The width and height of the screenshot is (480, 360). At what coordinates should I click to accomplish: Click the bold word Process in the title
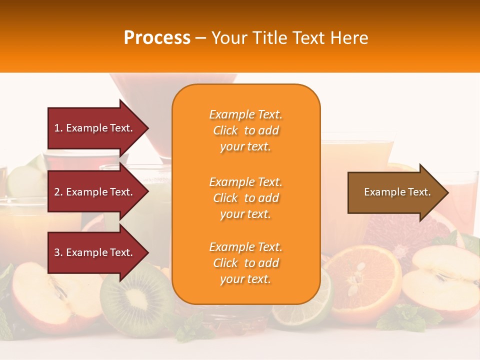[x=157, y=38]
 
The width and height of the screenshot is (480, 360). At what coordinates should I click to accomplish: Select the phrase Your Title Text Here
[x=289, y=38]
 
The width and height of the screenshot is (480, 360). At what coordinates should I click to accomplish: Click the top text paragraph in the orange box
[x=245, y=130]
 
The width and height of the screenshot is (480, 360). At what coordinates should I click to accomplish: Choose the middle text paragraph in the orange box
[x=245, y=198]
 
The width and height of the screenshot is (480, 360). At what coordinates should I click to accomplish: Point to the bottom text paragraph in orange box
[x=245, y=263]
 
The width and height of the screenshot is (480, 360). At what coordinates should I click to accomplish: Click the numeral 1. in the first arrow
[x=58, y=128]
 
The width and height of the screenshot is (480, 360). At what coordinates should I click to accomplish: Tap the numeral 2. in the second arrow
[x=58, y=192]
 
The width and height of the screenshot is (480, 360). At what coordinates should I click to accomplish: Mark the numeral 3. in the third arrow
[x=58, y=252]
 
